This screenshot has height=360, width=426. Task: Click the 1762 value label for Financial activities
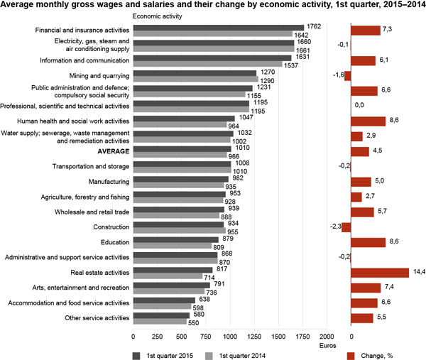click(315, 26)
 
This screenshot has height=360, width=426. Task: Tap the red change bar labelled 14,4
click(379, 273)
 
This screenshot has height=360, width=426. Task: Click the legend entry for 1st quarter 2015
click(163, 353)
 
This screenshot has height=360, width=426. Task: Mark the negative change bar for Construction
click(346, 227)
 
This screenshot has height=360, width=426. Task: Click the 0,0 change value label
click(359, 105)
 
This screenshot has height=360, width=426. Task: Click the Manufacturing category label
click(109, 181)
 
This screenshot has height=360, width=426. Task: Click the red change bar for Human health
click(368, 121)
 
